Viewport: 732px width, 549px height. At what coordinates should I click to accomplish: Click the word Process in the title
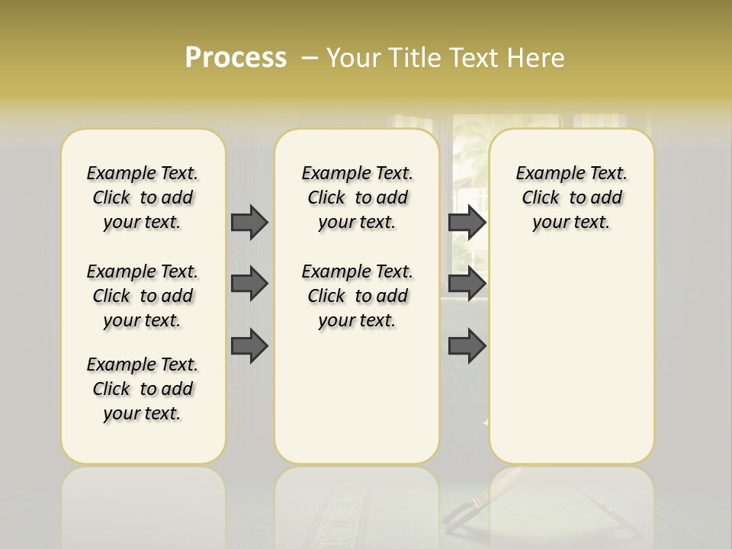point(236,57)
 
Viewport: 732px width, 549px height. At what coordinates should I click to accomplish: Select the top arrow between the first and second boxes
point(249,222)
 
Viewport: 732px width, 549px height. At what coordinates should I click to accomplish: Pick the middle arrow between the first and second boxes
point(249,284)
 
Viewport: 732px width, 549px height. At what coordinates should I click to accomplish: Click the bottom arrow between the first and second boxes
point(249,346)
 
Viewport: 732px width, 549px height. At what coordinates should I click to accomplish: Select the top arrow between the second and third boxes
point(467,222)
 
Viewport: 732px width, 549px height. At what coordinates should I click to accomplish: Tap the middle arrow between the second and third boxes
point(467,284)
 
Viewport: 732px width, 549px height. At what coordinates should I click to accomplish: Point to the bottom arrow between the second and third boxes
point(467,346)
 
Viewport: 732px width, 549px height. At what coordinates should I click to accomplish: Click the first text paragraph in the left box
point(143,197)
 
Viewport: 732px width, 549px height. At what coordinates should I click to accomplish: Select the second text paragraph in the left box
point(143,296)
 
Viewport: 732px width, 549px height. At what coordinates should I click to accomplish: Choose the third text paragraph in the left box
point(143,389)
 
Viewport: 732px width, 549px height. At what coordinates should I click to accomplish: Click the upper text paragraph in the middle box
point(357,197)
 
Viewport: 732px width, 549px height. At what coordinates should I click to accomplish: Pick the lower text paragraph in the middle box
point(357,296)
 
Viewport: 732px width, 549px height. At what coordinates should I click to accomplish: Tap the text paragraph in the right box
point(571,197)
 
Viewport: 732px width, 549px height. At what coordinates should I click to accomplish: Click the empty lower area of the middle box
point(357,396)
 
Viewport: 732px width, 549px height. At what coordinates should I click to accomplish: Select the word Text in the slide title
point(477,57)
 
